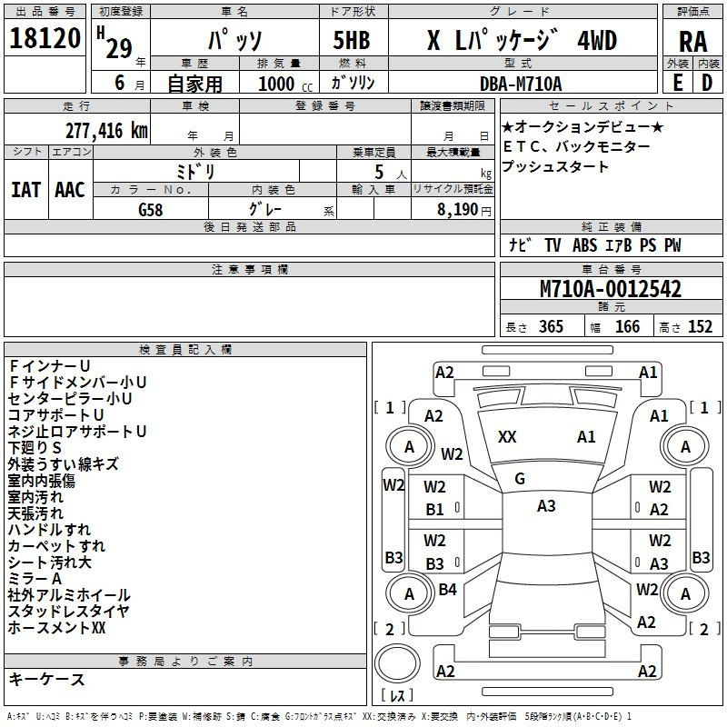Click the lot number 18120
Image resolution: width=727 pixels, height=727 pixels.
tap(45, 38)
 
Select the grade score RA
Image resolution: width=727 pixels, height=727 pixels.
tap(692, 42)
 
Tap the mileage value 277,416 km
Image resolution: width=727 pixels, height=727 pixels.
tap(106, 131)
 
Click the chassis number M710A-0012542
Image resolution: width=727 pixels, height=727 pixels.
tap(611, 289)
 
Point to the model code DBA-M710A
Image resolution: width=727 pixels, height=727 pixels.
tap(521, 84)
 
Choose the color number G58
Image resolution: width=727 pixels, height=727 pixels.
tap(151, 210)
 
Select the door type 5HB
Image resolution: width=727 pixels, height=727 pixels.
tap(352, 40)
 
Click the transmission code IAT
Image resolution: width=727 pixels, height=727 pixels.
tap(25, 190)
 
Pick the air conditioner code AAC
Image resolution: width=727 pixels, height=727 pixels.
tap(70, 190)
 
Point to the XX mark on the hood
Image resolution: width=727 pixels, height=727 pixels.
tap(507, 437)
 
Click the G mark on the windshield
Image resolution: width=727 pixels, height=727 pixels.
tap(520, 479)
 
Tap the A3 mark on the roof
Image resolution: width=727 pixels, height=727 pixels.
tap(546, 506)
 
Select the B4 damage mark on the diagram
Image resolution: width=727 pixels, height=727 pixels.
tap(447, 589)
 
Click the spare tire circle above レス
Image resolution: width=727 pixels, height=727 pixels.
tap(397, 663)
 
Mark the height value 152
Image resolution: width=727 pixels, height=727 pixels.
tap(700, 326)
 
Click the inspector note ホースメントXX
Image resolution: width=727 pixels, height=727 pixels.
tap(56, 628)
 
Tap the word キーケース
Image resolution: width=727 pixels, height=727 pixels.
tap(46, 679)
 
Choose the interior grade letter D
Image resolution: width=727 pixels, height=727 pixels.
tap(707, 83)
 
